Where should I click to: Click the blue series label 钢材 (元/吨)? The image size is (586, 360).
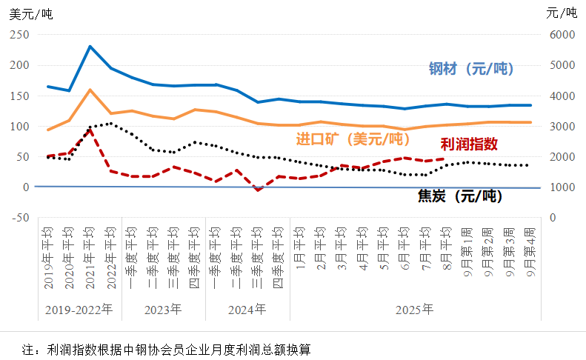point(471,69)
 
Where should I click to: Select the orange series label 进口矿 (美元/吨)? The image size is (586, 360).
point(353,139)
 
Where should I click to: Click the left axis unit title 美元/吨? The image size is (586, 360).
point(31,13)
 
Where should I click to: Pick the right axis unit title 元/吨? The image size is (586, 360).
point(561,13)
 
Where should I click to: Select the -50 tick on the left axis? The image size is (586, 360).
point(20,218)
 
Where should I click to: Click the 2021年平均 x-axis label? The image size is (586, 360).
point(90,254)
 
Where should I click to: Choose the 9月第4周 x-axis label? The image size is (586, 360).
point(531,254)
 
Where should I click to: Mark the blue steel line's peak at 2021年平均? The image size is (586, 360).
point(90,47)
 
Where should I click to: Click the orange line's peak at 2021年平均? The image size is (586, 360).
point(90,90)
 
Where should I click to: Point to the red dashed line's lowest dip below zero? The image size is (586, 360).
point(258,190)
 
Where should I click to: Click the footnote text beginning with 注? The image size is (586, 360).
point(166,348)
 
